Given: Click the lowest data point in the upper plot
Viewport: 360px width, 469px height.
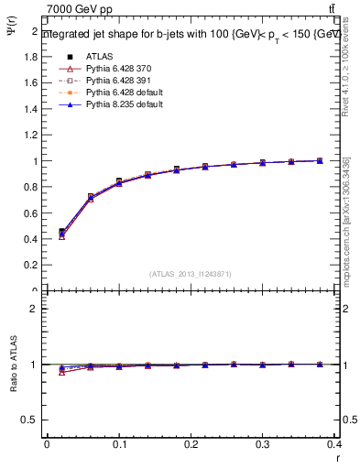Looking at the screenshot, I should coord(61,236).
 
